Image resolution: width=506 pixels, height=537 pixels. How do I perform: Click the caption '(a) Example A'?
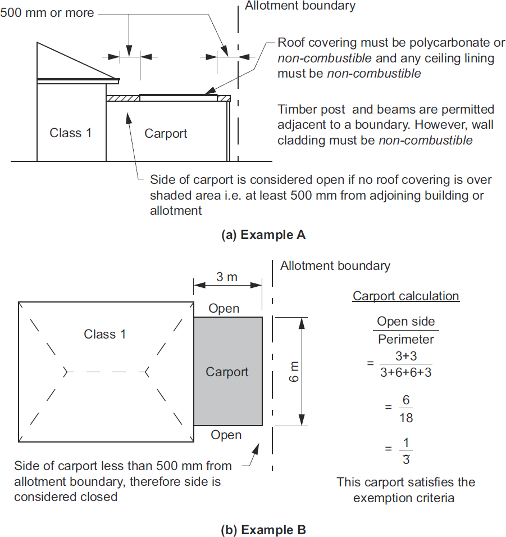pyautogui.click(x=264, y=235)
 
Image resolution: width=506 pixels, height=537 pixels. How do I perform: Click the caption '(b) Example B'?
pyautogui.click(x=264, y=529)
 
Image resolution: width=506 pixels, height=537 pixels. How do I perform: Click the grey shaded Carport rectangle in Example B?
pyautogui.click(x=227, y=394)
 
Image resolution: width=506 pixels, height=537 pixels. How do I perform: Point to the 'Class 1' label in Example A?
pyautogui.click(x=71, y=133)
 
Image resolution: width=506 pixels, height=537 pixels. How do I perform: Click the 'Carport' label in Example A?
pyautogui.click(x=166, y=133)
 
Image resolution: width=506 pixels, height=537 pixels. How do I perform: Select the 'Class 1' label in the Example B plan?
pyautogui.click(x=105, y=334)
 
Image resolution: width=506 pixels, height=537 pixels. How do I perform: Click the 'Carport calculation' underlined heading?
pyautogui.click(x=405, y=296)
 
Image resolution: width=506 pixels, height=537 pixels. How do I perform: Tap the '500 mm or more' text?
pyautogui.click(x=47, y=12)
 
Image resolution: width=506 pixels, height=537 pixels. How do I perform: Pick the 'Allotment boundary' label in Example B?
pyautogui.click(x=335, y=265)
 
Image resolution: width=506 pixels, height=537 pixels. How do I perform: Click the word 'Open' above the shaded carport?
pyautogui.click(x=224, y=308)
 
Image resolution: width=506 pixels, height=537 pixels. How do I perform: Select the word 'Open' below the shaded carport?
pyautogui.click(x=226, y=435)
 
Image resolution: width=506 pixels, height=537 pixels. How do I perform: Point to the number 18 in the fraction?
pyautogui.click(x=405, y=418)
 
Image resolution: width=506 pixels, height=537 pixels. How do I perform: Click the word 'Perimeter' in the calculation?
pyautogui.click(x=405, y=339)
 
